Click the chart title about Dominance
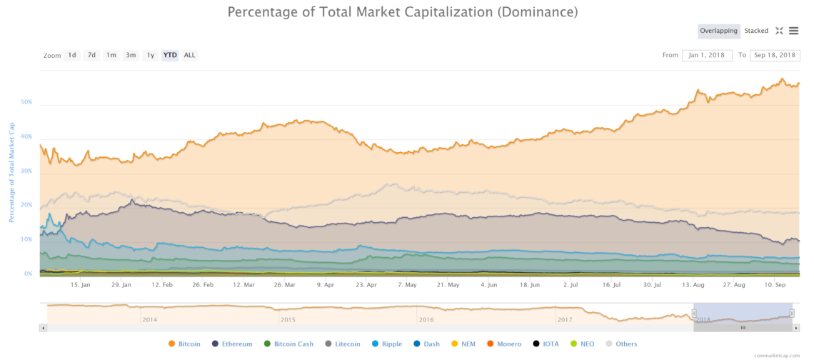[x=402, y=12]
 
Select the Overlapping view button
[x=718, y=31]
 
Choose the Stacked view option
[x=756, y=31]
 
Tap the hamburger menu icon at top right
[x=793, y=31]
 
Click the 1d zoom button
[x=72, y=55]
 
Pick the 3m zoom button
[x=131, y=55]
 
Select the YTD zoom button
[x=170, y=55]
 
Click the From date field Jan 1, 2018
[x=707, y=55]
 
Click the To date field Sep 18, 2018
[x=775, y=55]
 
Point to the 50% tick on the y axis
[x=26, y=102]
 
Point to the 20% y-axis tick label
[x=26, y=205]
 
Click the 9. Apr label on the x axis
[x=325, y=284]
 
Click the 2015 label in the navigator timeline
[x=288, y=319]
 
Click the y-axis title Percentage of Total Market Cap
[x=12, y=171]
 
